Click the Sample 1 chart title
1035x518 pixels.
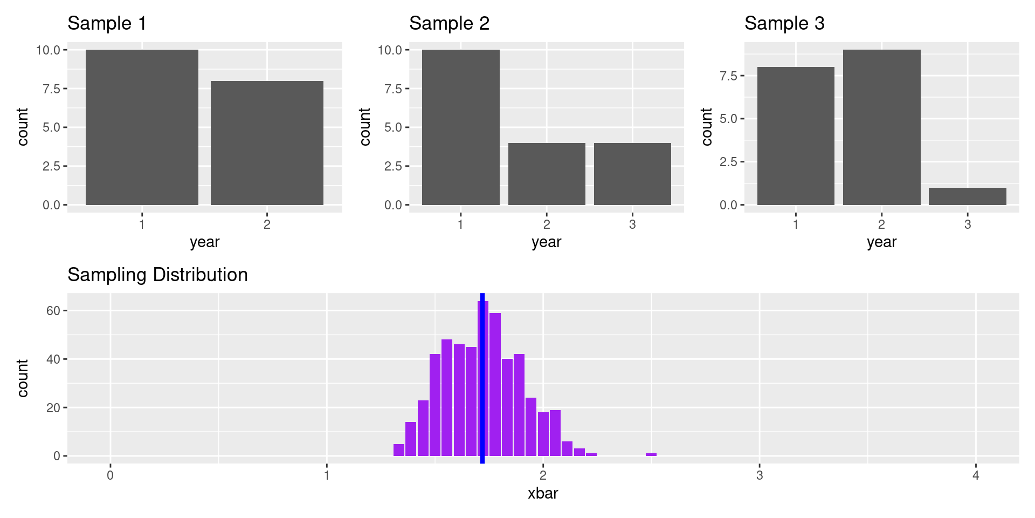(107, 24)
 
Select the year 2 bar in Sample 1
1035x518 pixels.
(267, 143)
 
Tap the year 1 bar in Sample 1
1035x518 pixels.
(142, 127)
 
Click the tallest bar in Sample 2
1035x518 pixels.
(460, 127)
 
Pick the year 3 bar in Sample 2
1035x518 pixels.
(632, 174)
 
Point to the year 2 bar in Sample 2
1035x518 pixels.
(547, 174)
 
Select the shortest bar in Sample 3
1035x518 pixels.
(967, 196)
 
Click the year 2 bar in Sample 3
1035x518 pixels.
(881, 127)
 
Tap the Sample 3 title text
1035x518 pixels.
(784, 24)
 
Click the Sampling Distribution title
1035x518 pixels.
(157, 275)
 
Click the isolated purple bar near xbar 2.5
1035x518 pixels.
(651, 454)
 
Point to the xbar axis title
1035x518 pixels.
(543, 494)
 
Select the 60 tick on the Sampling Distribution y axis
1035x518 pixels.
(53, 311)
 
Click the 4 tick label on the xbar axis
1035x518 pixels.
(976, 475)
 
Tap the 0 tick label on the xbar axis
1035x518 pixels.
(111, 475)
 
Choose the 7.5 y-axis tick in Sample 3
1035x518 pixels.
(728, 76)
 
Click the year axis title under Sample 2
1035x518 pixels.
(546, 242)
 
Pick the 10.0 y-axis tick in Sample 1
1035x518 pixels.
(48, 50)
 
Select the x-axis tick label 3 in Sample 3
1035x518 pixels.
(968, 224)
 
